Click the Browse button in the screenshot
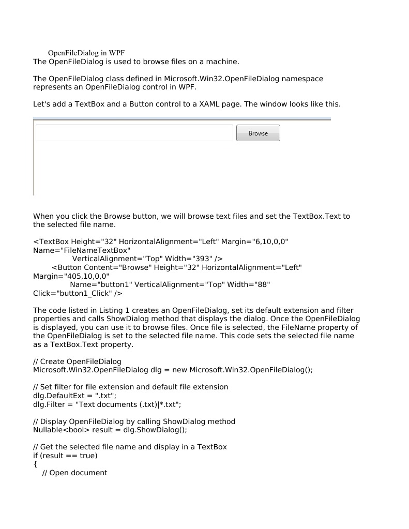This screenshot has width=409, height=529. (258, 133)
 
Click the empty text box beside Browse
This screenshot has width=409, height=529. (134, 133)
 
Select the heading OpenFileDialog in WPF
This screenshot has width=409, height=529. (86, 53)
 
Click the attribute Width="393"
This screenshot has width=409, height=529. (189, 259)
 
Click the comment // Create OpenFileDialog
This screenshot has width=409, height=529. (79, 361)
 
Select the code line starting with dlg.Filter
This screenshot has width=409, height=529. (107, 404)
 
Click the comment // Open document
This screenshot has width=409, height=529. (74, 473)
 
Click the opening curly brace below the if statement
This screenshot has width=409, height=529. (35, 464)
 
